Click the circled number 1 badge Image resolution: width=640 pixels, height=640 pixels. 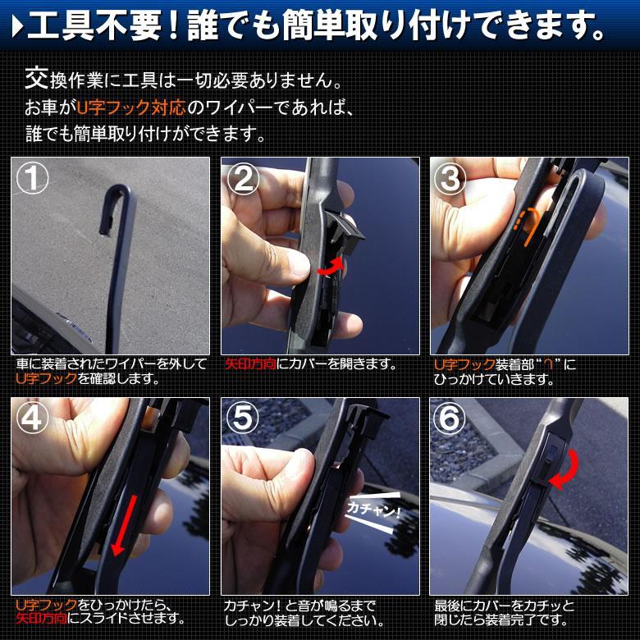click(33, 180)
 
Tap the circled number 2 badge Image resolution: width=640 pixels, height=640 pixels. click(243, 180)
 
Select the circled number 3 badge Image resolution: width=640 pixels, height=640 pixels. click(451, 180)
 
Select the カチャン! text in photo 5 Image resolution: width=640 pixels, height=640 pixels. click(371, 510)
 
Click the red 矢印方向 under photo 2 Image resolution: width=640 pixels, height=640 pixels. click(250, 364)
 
